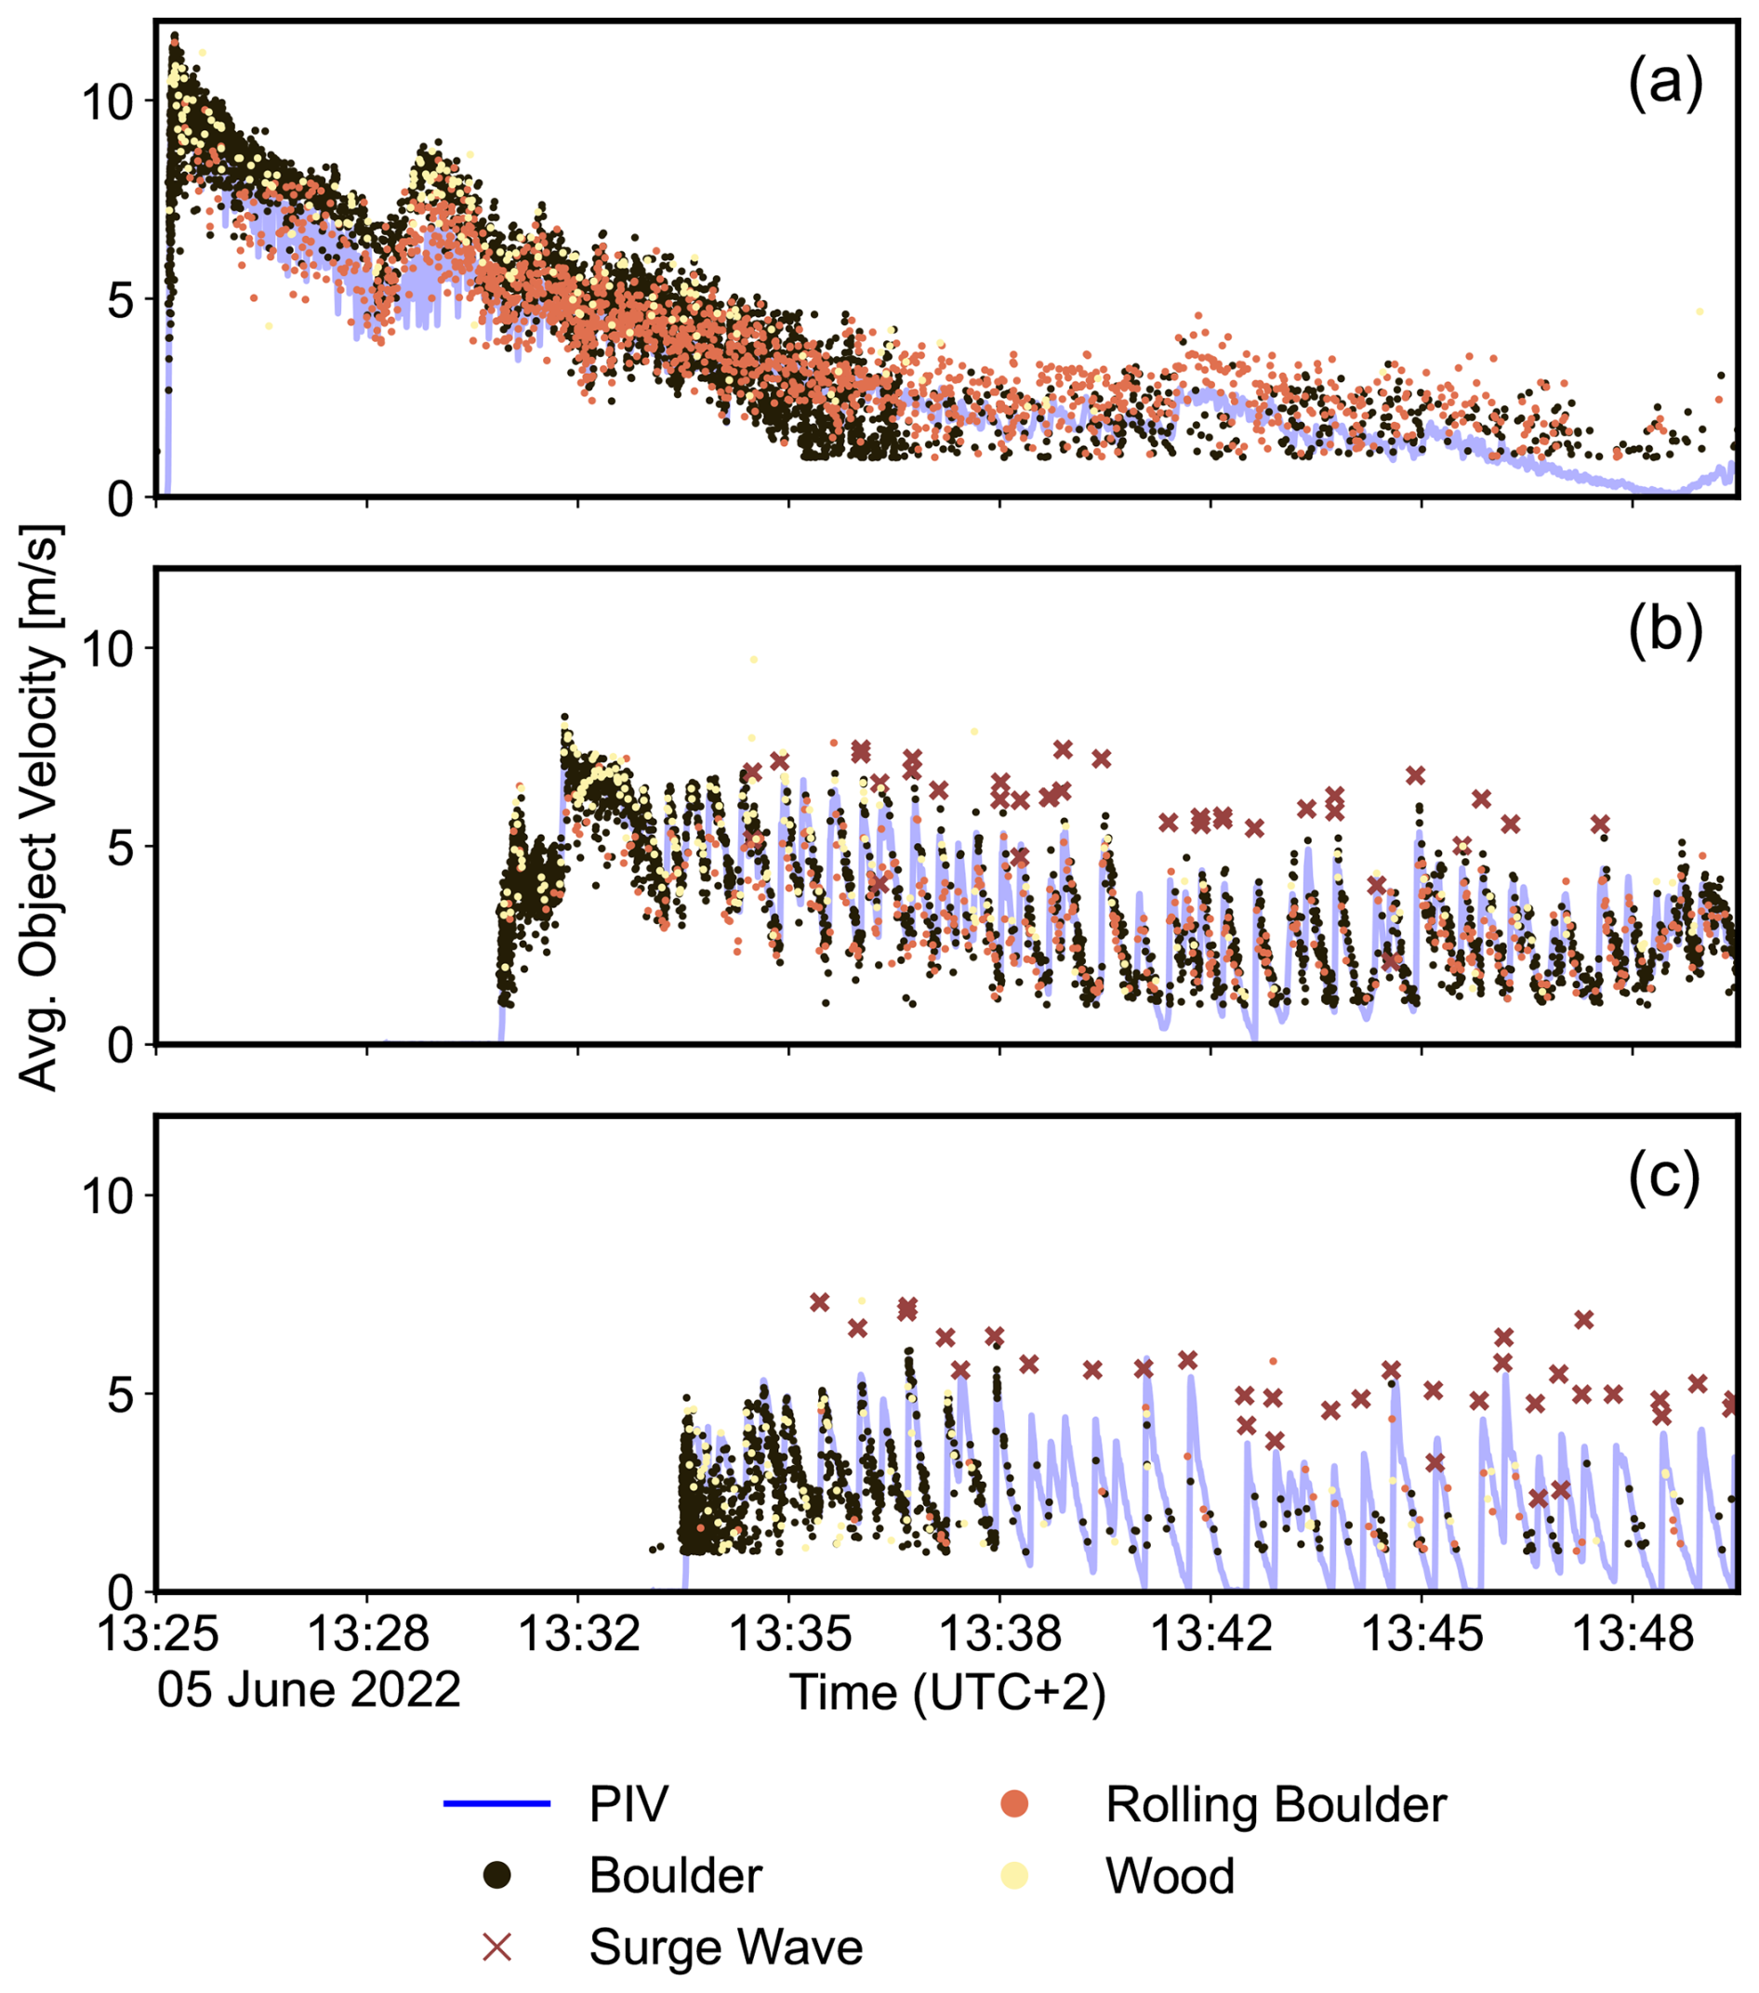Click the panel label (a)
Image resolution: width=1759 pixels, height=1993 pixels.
(x=1663, y=83)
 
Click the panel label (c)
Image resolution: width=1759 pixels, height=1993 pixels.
(x=1663, y=1177)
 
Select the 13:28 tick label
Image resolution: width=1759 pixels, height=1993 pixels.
(x=367, y=1632)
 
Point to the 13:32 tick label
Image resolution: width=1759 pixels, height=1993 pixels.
(x=578, y=1632)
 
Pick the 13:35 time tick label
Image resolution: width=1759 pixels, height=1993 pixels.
(x=788, y=1632)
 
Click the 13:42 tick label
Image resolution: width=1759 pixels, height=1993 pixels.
(x=1211, y=1632)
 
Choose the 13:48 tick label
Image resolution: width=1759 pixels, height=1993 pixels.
(x=1633, y=1632)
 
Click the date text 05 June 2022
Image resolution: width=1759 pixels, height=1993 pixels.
(x=308, y=1690)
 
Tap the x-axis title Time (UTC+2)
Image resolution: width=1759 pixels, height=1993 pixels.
(x=947, y=1693)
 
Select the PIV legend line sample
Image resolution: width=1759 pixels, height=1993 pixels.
(x=497, y=1804)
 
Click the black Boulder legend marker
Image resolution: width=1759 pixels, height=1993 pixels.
(x=498, y=1875)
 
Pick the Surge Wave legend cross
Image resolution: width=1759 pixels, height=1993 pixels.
(x=498, y=1947)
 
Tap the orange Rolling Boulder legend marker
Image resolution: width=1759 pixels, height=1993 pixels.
(x=1014, y=1804)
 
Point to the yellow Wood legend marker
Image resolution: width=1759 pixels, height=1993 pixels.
(x=1014, y=1875)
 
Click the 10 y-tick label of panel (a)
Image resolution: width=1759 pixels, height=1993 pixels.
(x=107, y=101)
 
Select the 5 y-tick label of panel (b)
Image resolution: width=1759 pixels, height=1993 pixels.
(x=120, y=846)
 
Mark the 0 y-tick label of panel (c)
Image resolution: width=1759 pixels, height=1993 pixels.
(x=120, y=1592)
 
